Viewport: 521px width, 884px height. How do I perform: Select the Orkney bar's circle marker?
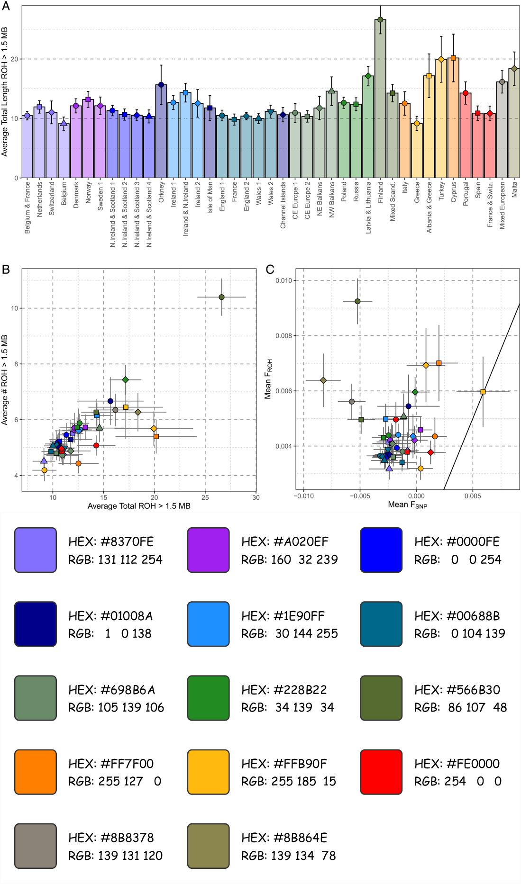click(x=161, y=85)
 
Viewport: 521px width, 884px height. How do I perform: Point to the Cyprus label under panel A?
click(x=454, y=192)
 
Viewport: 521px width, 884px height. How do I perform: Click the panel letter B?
click(x=6, y=270)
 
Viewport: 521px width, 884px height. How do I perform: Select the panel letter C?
click(x=270, y=270)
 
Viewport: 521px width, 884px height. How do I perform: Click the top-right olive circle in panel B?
click(x=221, y=297)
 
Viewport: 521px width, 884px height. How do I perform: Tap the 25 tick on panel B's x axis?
click(x=205, y=497)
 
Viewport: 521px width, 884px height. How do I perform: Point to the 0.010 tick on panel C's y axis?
click(x=283, y=280)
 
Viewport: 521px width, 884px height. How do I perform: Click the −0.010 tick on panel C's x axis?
click(x=303, y=496)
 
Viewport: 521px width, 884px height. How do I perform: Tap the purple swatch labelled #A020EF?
click(x=208, y=550)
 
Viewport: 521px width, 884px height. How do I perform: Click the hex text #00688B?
click(x=457, y=616)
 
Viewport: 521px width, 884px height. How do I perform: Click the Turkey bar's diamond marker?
click(x=441, y=60)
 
